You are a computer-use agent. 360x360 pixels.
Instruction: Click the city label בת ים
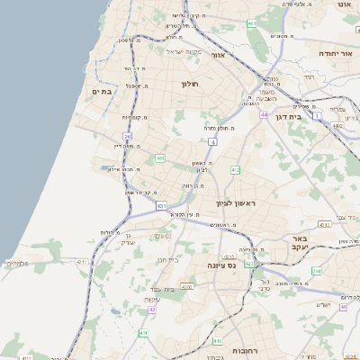coord(102,91)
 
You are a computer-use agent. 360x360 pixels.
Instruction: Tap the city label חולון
coord(189,84)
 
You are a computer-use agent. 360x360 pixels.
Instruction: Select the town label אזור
coord(217,56)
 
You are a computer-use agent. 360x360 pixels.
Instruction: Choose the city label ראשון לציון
coord(237,203)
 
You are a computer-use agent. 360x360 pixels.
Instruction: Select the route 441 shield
coord(159,158)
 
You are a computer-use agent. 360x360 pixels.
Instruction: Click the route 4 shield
coord(212,141)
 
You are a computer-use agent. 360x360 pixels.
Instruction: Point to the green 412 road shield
coord(235,169)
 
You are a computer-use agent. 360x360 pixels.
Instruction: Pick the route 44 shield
coord(264,115)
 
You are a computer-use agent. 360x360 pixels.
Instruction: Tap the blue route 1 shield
coord(317,116)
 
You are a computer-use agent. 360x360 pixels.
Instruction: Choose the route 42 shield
coord(152,309)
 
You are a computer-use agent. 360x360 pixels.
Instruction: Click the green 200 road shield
coord(316,270)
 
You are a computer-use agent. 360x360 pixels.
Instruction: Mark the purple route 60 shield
coord(344,307)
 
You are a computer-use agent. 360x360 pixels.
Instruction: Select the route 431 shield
coord(161,206)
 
